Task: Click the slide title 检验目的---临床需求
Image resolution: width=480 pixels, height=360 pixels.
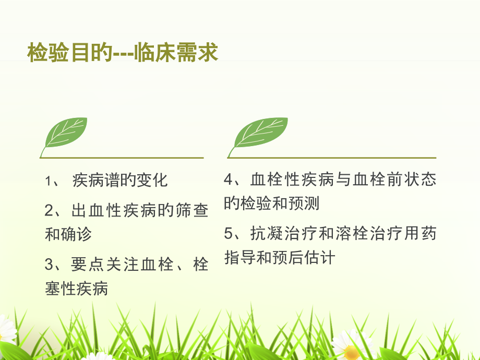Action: pos(123,53)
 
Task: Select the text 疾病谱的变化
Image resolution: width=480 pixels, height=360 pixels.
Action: pos(120,181)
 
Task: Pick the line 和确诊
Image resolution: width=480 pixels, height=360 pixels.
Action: pos(68,234)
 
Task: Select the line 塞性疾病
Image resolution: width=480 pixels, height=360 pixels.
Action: pos(77,288)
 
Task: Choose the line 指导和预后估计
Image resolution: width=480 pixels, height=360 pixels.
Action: pos(280,257)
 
